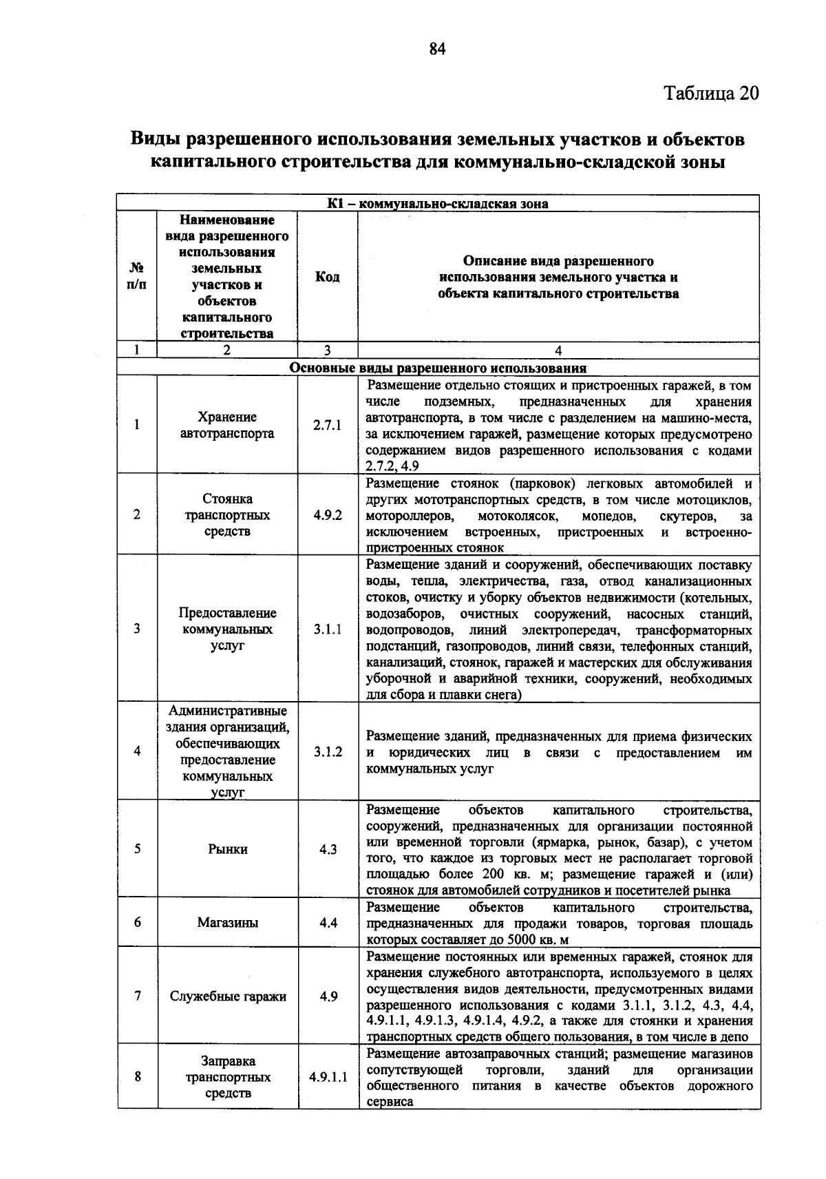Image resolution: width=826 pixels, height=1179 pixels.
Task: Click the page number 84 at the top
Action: tap(438, 48)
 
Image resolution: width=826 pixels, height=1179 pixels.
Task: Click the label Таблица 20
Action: tap(711, 93)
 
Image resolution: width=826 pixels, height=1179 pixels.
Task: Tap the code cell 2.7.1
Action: tap(327, 426)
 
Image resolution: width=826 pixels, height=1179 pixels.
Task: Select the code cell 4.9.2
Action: tap(327, 515)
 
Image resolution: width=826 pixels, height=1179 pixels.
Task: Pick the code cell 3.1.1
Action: tap(327, 629)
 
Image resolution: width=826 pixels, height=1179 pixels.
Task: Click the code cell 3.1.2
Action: tap(328, 752)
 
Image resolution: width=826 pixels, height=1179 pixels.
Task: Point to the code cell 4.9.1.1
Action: tap(328, 1077)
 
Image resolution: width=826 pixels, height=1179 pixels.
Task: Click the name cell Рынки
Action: tap(228, 849)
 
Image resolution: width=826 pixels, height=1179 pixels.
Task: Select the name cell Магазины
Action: tap(228, 923)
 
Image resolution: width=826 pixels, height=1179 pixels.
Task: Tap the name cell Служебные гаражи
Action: tap(228, 997)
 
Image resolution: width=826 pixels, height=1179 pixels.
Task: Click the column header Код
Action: tap(327, 277)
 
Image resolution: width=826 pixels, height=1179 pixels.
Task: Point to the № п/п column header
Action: tap(137, 277)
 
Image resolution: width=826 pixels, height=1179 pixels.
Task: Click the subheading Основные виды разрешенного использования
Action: tap(438, 368)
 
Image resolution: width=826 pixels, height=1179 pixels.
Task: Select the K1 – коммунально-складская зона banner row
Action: tap(438, 204)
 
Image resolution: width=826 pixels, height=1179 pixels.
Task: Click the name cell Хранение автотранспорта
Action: tap(228, 426)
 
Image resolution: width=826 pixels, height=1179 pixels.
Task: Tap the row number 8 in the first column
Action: tap(138, 1077)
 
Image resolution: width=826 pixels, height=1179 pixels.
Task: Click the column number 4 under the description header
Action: tap(558, 350)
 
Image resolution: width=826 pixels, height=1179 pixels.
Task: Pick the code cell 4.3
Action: tap(328, 849)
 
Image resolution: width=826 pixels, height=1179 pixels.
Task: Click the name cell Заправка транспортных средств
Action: tap(228, 1077)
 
